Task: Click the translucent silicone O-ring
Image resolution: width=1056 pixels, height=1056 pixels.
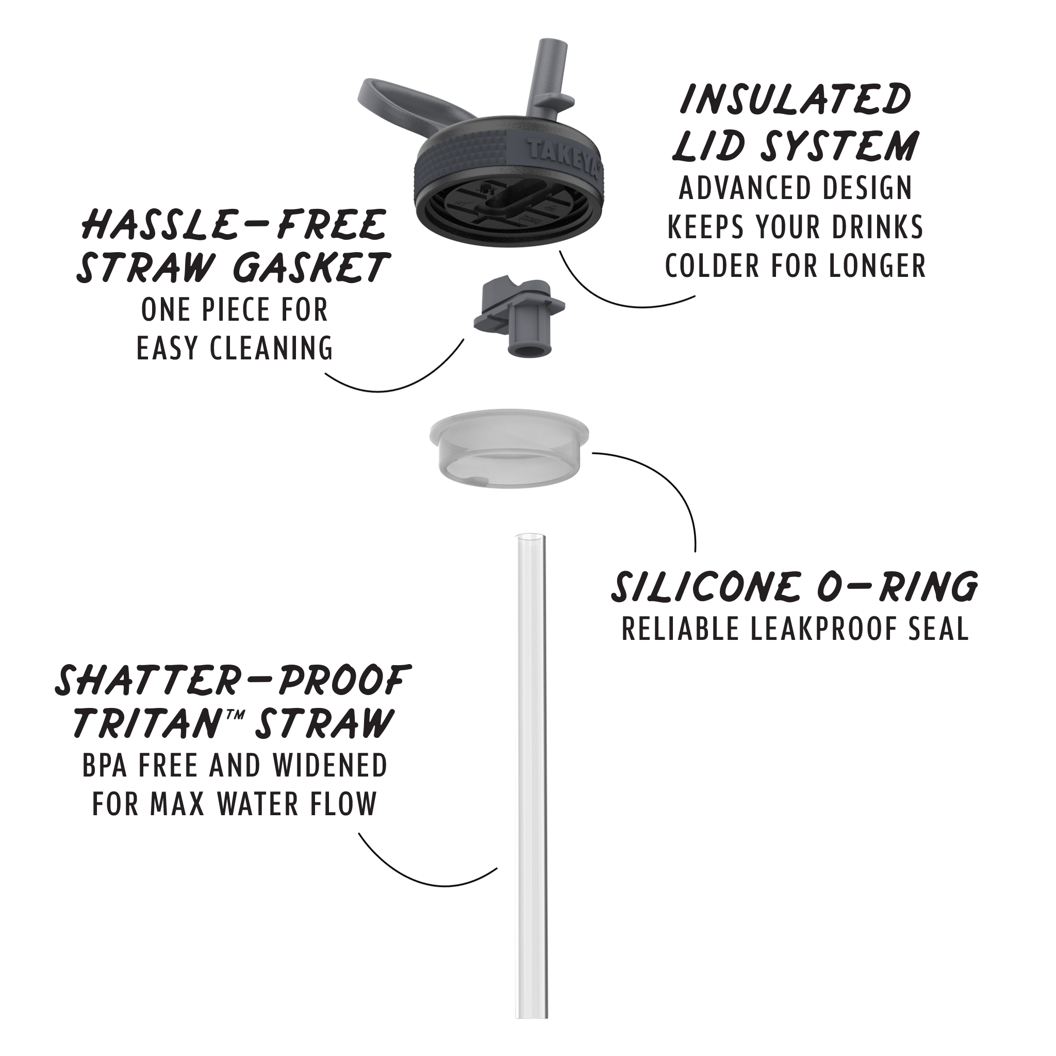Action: [509, 448]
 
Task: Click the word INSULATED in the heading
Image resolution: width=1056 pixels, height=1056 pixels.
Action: [796, 100]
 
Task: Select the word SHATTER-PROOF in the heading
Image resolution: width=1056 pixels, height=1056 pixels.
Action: [233, 680]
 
